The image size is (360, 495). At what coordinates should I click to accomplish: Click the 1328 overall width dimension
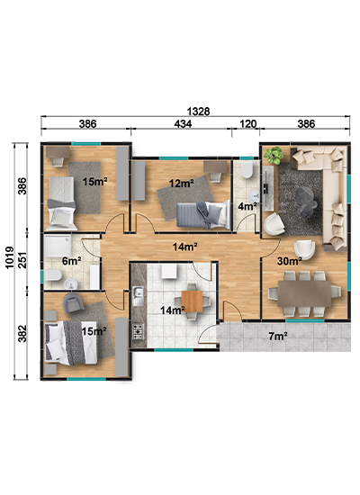(198, 112)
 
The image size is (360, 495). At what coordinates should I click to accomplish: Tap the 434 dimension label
(183, 124)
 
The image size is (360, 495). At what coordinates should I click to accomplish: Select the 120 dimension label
(247, 124)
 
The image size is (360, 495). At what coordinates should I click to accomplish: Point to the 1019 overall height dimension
(9, 258)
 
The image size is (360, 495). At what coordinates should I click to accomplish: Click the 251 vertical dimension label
(22, 260)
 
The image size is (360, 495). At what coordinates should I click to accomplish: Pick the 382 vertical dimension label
(22, 333)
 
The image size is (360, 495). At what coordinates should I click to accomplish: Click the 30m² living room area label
(290, 261)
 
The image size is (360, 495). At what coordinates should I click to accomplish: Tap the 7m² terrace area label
(278, 337)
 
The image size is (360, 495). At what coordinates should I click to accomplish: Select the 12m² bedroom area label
(181, 183)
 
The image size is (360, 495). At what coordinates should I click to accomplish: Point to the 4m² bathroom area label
(247, 206)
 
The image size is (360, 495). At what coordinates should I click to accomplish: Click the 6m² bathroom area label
(72, 261)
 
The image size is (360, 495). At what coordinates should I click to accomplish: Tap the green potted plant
(274, 155)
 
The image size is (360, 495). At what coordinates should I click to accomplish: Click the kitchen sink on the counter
(138, 296)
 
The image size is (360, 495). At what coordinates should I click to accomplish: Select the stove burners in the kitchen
(138, 331)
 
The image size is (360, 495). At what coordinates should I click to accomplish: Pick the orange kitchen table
(192, 301)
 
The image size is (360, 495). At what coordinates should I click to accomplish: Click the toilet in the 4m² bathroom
(247, 170)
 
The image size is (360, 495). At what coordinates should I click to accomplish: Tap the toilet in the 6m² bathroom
(53, 275)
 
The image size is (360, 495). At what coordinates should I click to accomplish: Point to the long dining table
(304, 293)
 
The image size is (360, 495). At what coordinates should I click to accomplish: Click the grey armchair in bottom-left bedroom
(73, 302)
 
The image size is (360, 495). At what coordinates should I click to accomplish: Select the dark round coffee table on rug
(306, 201)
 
